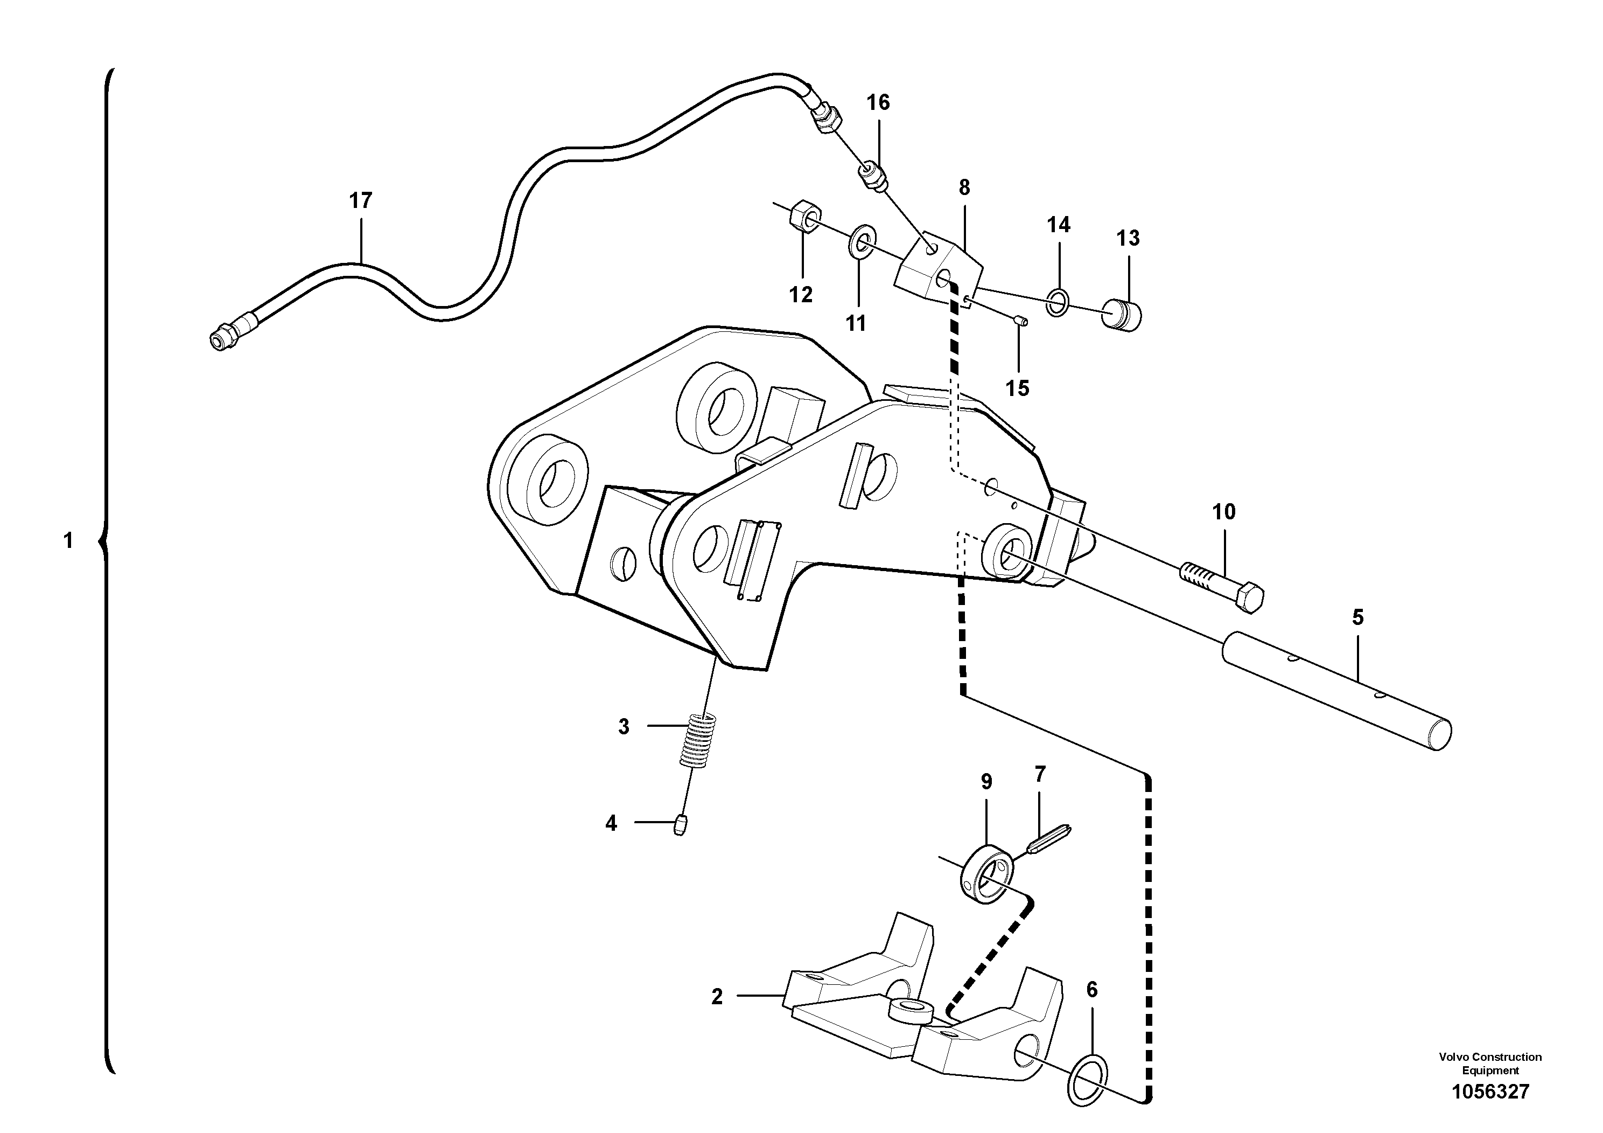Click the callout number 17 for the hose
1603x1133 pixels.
click(x=360, y=201)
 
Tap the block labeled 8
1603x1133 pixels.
click(x=939, y=272)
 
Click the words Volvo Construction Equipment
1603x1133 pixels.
click(x=1490, y=1063)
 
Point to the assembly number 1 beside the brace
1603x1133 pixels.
click(x=68, y=541)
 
